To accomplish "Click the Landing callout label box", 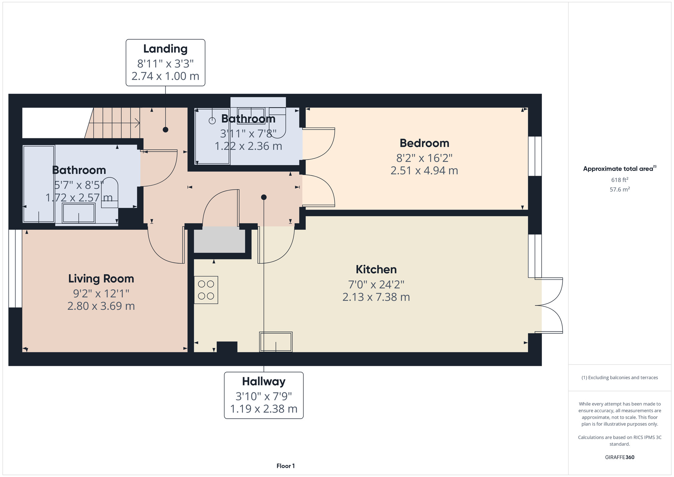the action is coord(165,63).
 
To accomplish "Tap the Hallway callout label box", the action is coord(264,395).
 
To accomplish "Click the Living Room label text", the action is coord(101,279).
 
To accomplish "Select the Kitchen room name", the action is coord(376,270).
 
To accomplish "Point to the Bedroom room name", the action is coord(424,143).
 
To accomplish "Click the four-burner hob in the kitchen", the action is coord(206,290).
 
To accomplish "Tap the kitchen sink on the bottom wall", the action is coord(276,342).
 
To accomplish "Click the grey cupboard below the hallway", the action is coord(219,240).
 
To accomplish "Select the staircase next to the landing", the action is coord(113,123).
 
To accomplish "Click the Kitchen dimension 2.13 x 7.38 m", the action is coord(376,297).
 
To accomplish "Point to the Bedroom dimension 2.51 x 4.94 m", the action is coord(424,171).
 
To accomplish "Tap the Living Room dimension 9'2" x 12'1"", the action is coord(101,293).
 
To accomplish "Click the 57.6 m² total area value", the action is coord(620,189).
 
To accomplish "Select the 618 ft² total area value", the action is coord(620,180).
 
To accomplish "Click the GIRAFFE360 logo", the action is coord(620,457).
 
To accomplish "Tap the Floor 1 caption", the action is coord(285,466).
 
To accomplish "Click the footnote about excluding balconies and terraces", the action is coord(620,377).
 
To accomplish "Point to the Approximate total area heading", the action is coord(620,169).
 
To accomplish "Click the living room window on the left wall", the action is coord(15,269).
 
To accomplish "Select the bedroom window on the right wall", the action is coord(535,156).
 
